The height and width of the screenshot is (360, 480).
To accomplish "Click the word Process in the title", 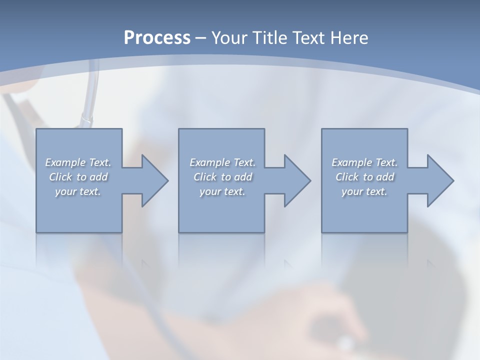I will click(x=157, y=38).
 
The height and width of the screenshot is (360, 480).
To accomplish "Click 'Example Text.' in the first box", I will click(x=78, y=162).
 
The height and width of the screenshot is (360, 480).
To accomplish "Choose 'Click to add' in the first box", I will click(x=78, y=177).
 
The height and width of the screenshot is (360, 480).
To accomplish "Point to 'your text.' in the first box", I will click(x=78, y=191).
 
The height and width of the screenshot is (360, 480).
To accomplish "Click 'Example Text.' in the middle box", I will click(x=222, y=162).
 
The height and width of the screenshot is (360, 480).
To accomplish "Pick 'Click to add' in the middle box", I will click(x=222, y=177).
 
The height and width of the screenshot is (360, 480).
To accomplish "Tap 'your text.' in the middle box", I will click(x=222, y=191).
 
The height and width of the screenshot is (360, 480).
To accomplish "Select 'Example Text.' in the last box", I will click(x=364, y=162).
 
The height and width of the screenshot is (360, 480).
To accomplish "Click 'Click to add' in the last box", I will click(x=364, y=177).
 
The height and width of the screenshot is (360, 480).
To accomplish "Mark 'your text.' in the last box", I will click(x=364, y=191).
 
